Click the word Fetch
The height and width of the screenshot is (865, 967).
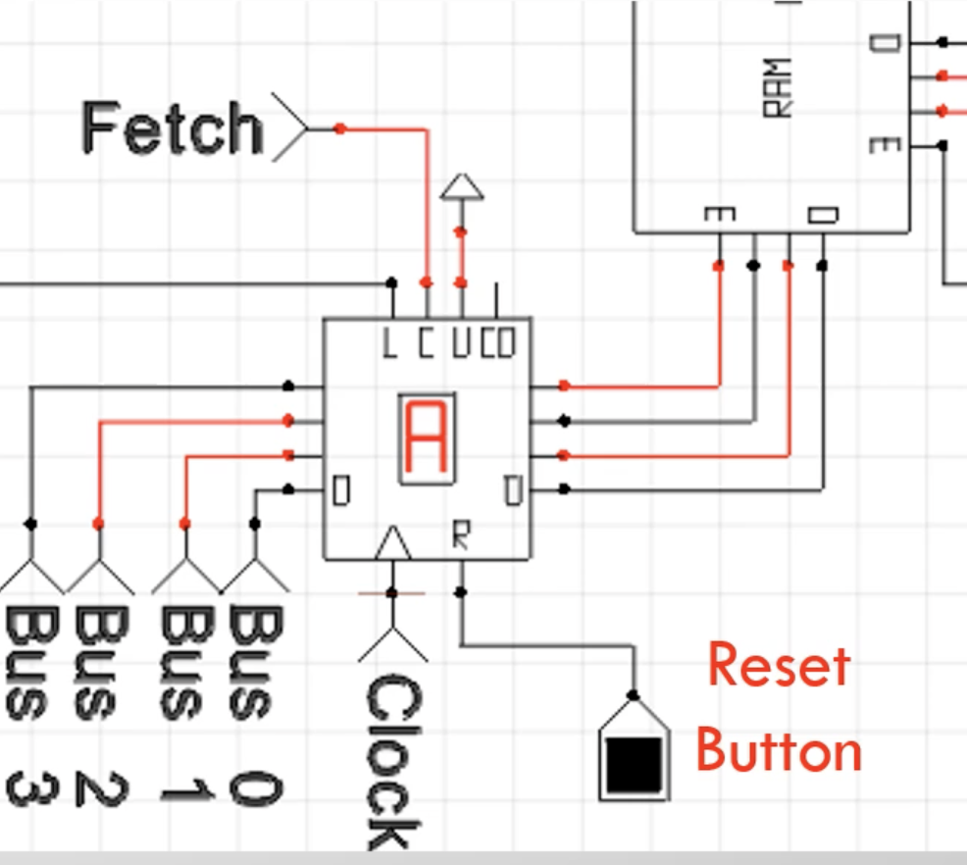(x=173, y=127)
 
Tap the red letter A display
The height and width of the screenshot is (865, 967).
(x=427, y=438)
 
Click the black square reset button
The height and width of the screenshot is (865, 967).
(x=634, y=765)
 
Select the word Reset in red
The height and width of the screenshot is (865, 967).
(x=779, y=665)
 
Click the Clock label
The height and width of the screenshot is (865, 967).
(x=393, y=762)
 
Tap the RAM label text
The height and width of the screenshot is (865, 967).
(x=777, y=87)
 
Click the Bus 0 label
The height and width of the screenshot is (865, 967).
(x=255, y=705)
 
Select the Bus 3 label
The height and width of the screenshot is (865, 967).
(x=32, y=705)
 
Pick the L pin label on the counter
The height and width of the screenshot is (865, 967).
(x=388, y=343)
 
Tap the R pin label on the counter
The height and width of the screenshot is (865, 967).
(x=461, y=534)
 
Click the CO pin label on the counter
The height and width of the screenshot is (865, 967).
(x=497, y=343)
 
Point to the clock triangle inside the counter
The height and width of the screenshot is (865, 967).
(x=393, y=542)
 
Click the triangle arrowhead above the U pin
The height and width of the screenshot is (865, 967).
(x=462, y=186)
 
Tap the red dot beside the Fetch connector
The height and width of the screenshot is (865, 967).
(x=339, y=128)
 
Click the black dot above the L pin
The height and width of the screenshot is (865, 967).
(x=391, y=283)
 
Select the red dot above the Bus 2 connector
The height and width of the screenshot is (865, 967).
(x=98, y=524)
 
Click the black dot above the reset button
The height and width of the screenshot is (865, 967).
(x=633, y=695)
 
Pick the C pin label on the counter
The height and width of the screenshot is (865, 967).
(x=426, y=343)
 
